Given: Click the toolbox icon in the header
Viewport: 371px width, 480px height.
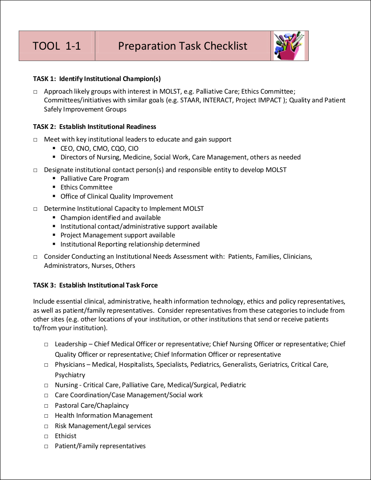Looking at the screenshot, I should pos(289,46).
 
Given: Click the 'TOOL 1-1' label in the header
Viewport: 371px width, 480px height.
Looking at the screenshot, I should pos(57,46).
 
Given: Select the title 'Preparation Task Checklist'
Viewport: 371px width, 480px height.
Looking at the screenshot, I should pos(182,46).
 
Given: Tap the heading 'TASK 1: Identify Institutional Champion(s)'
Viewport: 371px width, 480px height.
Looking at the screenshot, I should pos(97,79).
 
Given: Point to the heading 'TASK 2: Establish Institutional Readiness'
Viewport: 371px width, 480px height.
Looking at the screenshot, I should pos(94,127).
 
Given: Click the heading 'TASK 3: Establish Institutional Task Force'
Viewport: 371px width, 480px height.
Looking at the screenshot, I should pos(95,285).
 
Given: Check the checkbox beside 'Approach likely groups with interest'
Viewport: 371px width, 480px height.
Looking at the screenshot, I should pos(36,92).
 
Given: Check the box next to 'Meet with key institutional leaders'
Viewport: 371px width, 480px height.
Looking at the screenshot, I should pos(36,140).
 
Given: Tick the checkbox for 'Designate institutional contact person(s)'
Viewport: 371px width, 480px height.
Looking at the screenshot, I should pos(36,170).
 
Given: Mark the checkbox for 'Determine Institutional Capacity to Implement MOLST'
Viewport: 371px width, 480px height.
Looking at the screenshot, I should pos(36,209).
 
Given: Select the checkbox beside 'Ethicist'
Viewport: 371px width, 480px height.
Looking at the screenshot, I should pos(46,436).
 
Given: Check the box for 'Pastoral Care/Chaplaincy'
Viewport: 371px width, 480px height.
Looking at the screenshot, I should pos(46,406).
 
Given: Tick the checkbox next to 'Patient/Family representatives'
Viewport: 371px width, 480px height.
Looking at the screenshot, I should pos(46,446).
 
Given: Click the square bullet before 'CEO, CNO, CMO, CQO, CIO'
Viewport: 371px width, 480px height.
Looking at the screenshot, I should pos(54,149).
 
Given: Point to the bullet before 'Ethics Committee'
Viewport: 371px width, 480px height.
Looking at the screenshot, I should pos(54,187).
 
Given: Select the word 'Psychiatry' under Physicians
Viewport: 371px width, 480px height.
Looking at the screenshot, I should pos(70,375).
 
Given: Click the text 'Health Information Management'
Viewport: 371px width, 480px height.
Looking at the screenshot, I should pos(104,416).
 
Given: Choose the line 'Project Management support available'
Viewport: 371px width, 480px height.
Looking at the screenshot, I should pos(118,235).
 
